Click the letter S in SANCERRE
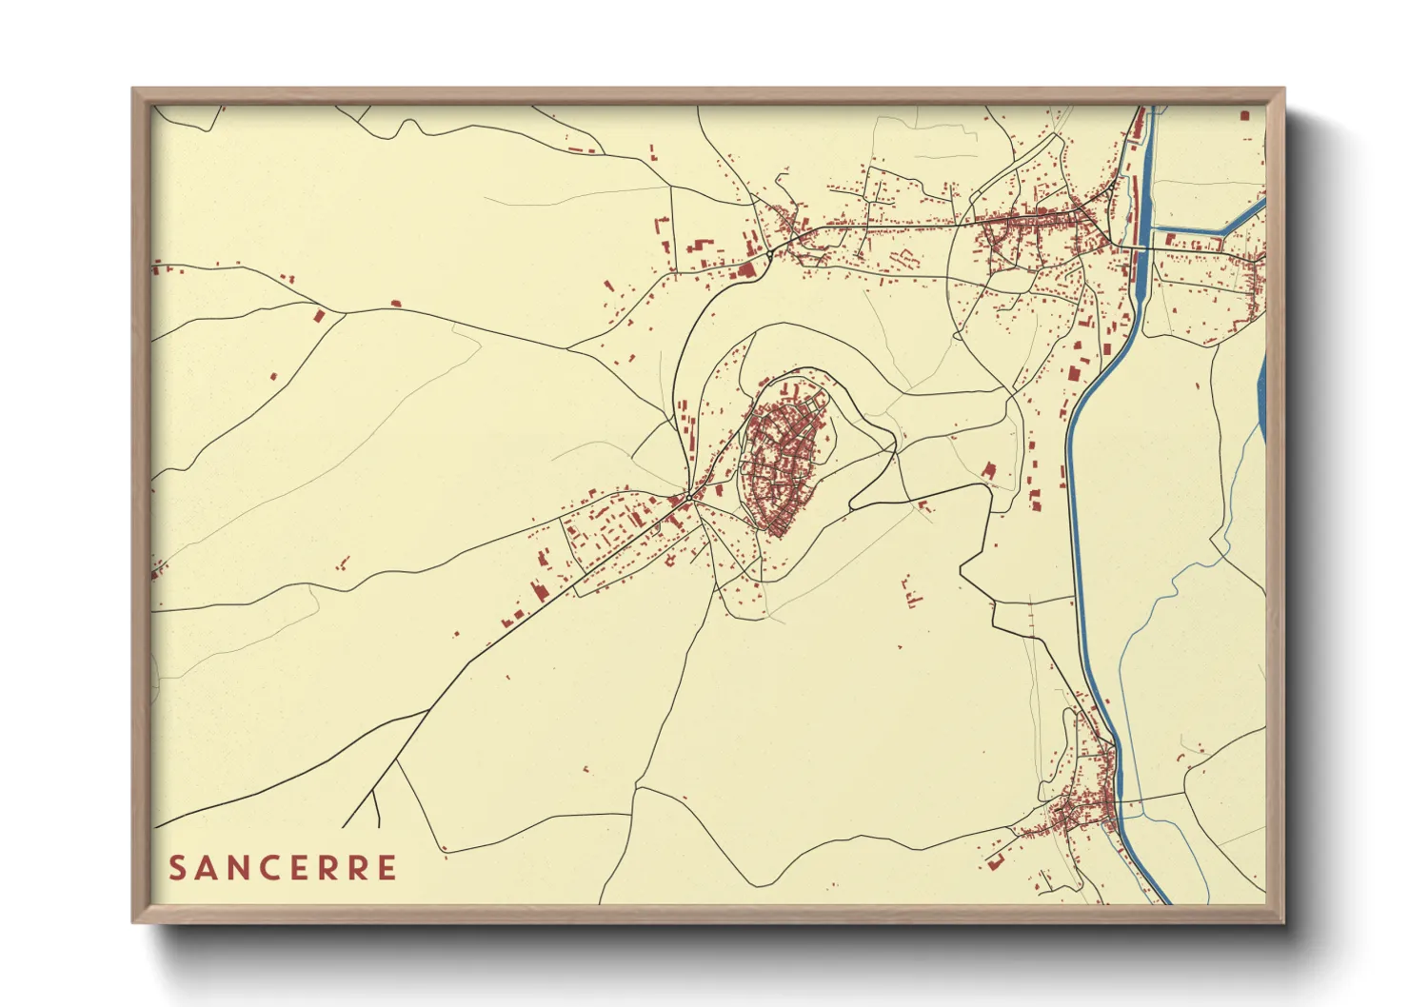tap(178, 868)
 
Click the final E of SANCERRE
tap(386, 868)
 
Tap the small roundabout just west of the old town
tap(688, 497)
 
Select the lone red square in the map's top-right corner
tap(1244, 115)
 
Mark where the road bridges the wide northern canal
tap(1139, 248)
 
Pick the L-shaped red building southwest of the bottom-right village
tap(996, 862)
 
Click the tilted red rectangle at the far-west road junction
tap(319, 315)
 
